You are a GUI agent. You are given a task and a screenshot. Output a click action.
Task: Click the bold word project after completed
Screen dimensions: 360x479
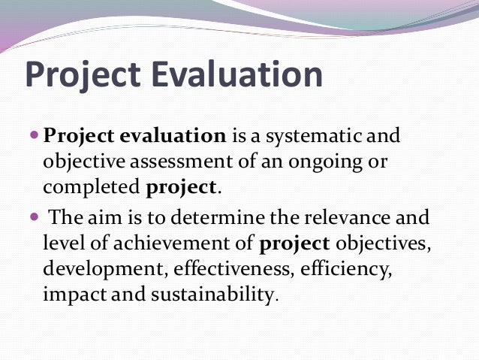click(180, 187)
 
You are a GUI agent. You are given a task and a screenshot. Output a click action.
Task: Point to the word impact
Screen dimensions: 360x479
click(74, 293)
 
